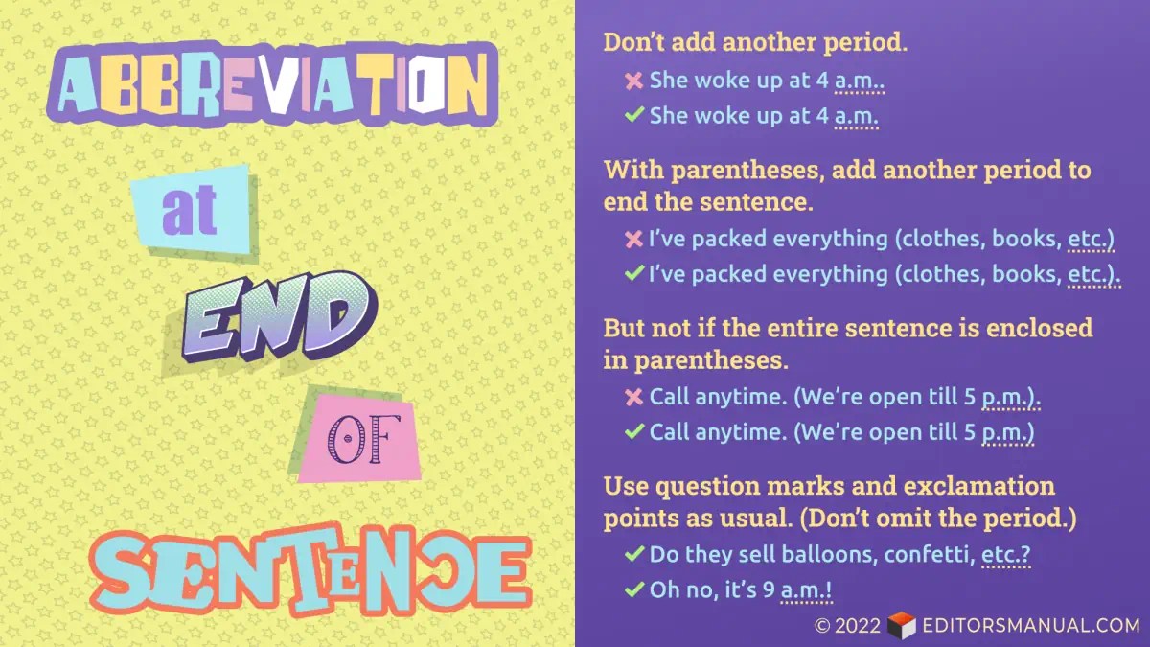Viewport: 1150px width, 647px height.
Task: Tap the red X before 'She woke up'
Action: click(x=633, y=81)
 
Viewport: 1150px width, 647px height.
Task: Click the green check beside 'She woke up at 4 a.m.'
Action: click(x=633, y=117)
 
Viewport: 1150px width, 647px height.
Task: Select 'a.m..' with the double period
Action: click(x=860, y=81)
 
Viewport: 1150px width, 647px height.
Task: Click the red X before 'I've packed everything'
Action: click(x=633, y=238)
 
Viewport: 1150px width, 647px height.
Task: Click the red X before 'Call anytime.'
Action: click(x=633, y=396)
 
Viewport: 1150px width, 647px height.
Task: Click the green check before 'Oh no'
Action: click(x=633, y=590)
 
